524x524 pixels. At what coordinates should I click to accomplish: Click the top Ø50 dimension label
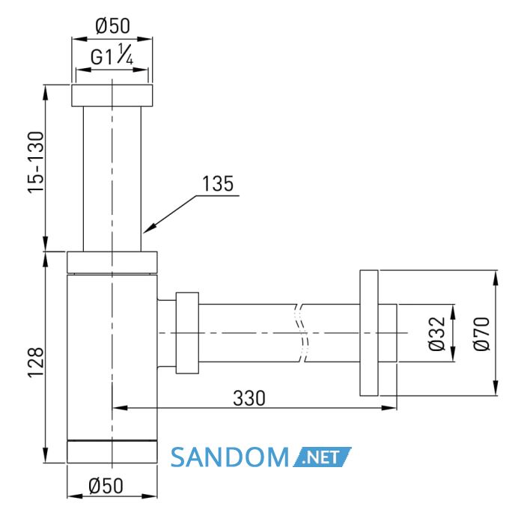click(x=112, y=26)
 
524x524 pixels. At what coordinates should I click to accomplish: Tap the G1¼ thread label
click(x=112, y=55)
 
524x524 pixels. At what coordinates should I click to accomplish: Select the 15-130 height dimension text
click(x=36, y=162)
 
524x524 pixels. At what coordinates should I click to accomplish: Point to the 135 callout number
click(x=218, y=183)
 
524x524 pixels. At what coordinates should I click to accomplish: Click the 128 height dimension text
click(x=36, y=362)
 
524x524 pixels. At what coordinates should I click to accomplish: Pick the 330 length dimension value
click(x=249, y=398)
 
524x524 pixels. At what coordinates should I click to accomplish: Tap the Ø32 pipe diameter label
click(x=437, y=333)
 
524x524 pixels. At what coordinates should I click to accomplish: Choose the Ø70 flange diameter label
click(x=481, y=333)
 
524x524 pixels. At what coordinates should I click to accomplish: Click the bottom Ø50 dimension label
click(x=106, y=486)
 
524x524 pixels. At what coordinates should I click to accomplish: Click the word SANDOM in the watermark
click(x=230, y=457)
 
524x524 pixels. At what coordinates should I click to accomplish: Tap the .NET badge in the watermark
click(x=323, y=457)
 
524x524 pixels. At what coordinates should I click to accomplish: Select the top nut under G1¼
click(x=112, y=95)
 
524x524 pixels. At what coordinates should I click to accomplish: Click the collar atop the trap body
click(x=112, y=262)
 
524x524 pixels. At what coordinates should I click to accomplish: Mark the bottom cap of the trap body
click(x=112, y=452)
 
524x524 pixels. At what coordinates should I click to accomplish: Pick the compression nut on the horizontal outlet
click(x=187, y=333)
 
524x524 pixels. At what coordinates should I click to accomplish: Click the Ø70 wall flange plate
click(x=369, y=333)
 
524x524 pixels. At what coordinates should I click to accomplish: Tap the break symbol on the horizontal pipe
click(x=301, y=333)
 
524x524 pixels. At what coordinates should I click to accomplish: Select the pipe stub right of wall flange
click(x=388, y=333)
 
